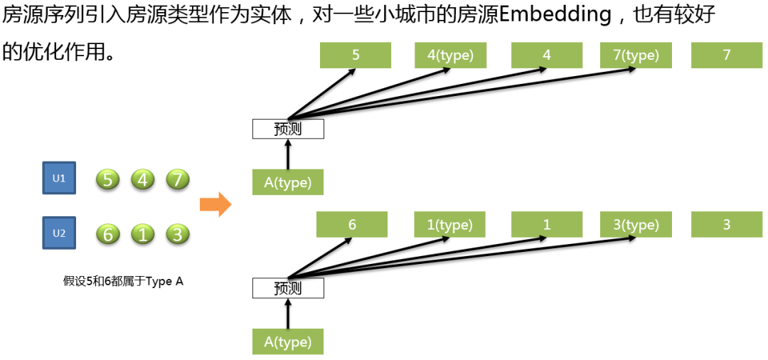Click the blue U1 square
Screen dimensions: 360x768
click(59, 179)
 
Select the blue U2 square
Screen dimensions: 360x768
click(59, 233)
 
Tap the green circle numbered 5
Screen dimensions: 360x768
click(108, 179)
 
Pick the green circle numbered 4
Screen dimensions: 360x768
click(142, 179)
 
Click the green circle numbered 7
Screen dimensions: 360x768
click(177, 179)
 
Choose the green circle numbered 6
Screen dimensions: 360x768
click(108, 234)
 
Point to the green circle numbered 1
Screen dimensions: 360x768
click(142, 234)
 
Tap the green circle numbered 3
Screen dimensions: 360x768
click(177, 234)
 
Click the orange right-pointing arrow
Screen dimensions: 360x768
click(215, 205)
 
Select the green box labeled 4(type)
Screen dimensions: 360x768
click(450, 55)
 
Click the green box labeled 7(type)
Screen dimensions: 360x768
click(636, 55)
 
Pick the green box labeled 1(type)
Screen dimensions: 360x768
click(450, 225)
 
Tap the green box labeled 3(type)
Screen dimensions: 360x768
click(636, 225)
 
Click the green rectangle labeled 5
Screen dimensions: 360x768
click(355, 55)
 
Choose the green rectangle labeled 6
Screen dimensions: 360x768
click(352, 225)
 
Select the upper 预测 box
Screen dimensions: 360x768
click(288, 129)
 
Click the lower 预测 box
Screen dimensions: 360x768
click(288, 288)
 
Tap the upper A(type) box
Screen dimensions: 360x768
click(288, 182)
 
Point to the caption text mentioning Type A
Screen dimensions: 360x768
click(123, 281)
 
